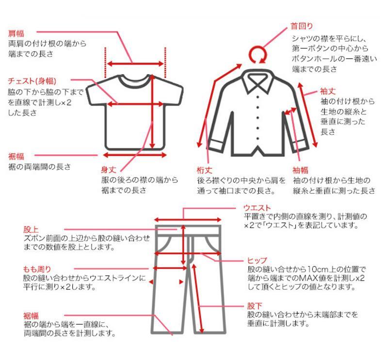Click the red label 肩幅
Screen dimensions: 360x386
16,33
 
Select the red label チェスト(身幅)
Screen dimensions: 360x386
32,81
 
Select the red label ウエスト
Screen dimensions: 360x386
257,208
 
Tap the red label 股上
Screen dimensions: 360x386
31,229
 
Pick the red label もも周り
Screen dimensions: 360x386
37,269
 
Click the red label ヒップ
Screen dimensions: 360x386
257,260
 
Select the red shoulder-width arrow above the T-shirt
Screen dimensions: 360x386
135,64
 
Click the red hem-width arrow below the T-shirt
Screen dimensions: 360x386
134,155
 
